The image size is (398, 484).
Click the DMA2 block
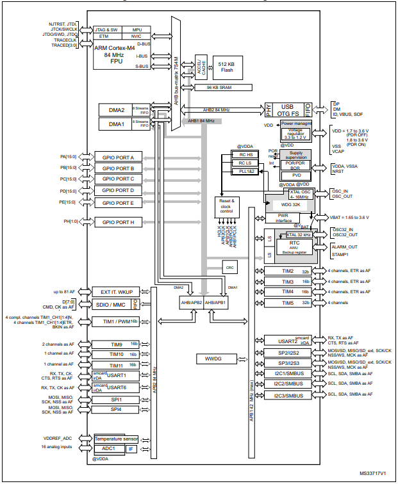[115, 110]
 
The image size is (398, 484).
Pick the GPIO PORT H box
[118, 222]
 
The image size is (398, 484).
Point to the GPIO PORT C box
[118, 179]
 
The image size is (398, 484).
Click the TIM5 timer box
[288, 302]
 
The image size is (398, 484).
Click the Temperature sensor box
[117, 439]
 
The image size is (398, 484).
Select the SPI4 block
[117, 409]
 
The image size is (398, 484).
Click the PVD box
[296, 175]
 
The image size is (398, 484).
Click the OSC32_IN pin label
[344, 230]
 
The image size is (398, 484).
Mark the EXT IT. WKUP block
[117, 291]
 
